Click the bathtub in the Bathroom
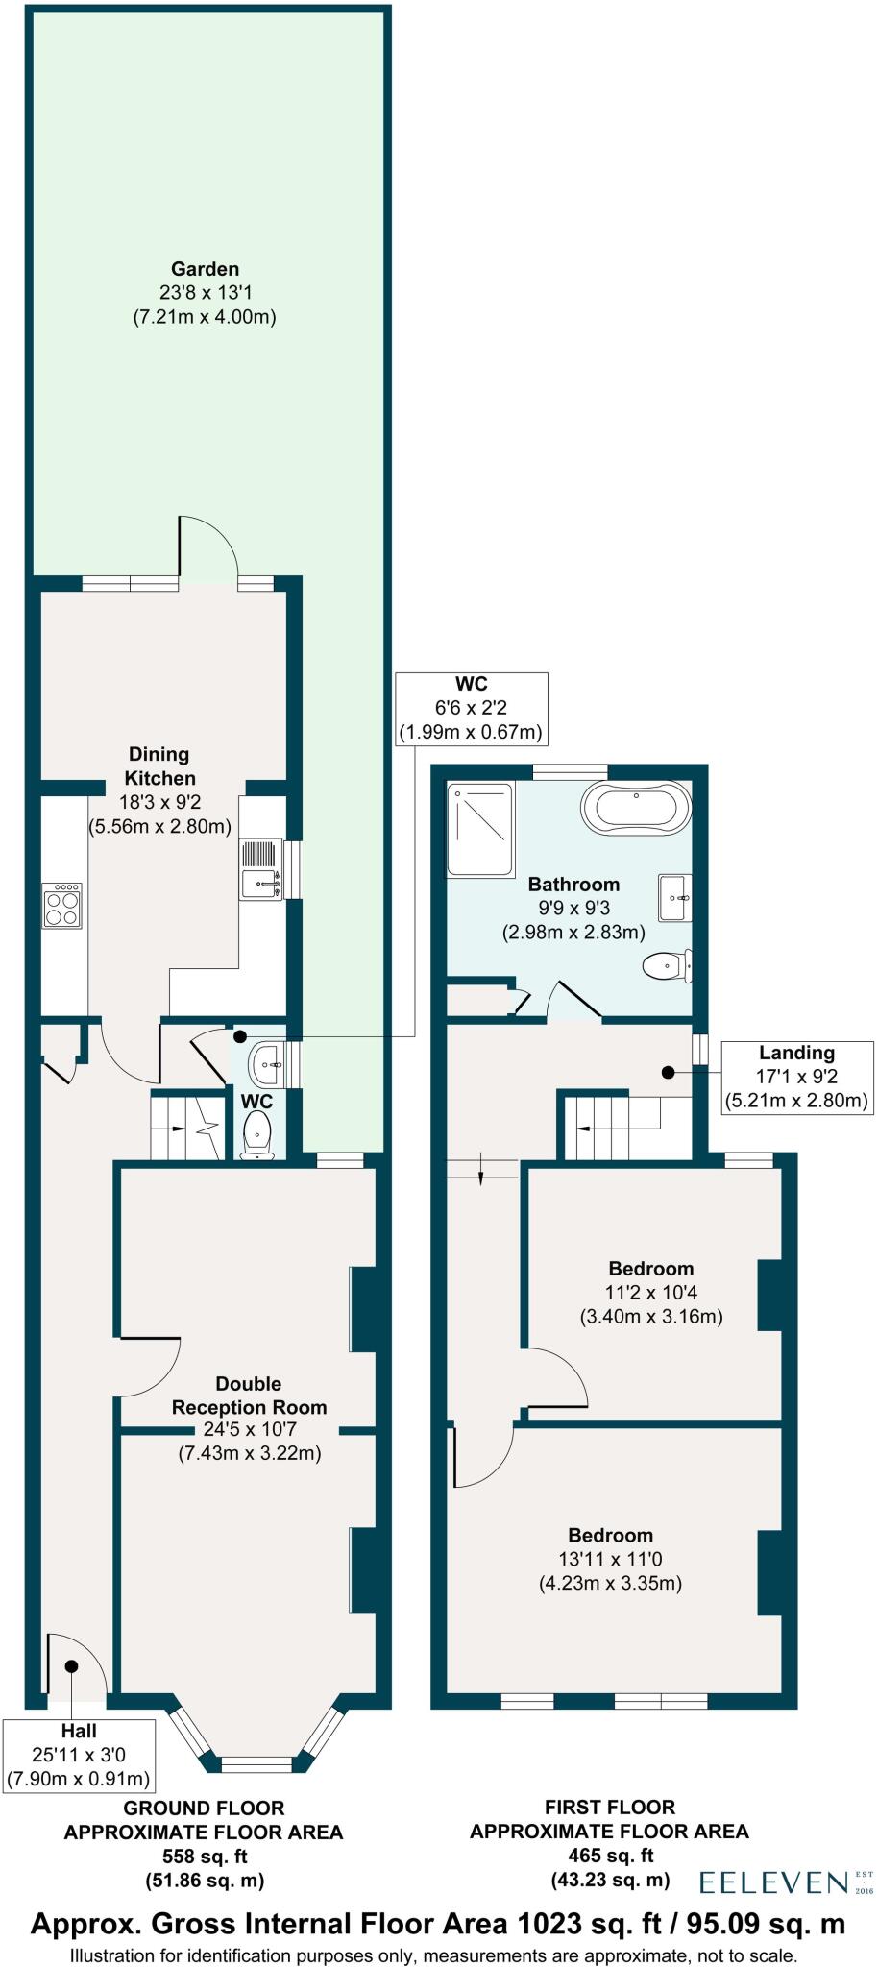pyautogui.click(x=635, y=808)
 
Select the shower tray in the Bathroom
pyautogui.click(x=480, y=828)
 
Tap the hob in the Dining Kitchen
pyautogui.click(x=62, y=906)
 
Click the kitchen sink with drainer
pyautogui.click(x=260, y=870)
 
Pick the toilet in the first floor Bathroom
pyautogui.click(x=667, y=965)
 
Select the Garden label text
pyautogui.click(x=205, y=269)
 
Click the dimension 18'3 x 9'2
pyautogui.click(x=160, y=802)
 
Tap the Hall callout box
pyautogui.click(x=79, y=1755)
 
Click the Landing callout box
pyautogui.click(x=796, y=1077)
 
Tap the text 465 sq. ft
pyautogui.click(x=609, y=1856)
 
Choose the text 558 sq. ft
pyautogui.click(x=204, y=1856)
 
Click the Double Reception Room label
pyautogui.click(x=249, y=1396)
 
